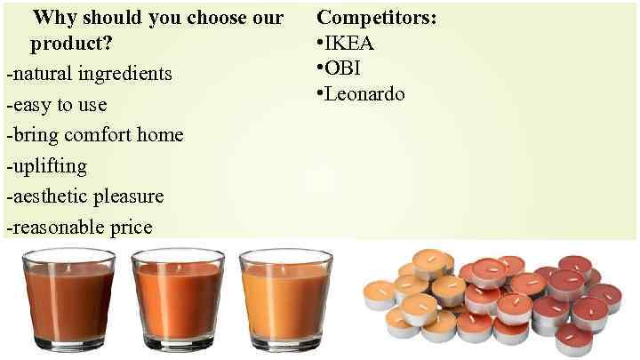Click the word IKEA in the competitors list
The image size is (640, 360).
[x=349, y=43]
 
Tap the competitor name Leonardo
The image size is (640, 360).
[x=364, y=93]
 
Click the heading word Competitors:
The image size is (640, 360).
[x=377, y=18]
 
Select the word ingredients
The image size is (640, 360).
[x=125, y=73]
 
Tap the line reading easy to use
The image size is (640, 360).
[x=56, y=105]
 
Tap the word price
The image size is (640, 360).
[x=131, y=228]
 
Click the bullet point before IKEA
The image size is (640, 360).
[x=320, y=43]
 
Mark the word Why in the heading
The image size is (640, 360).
[x=54, y=18]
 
